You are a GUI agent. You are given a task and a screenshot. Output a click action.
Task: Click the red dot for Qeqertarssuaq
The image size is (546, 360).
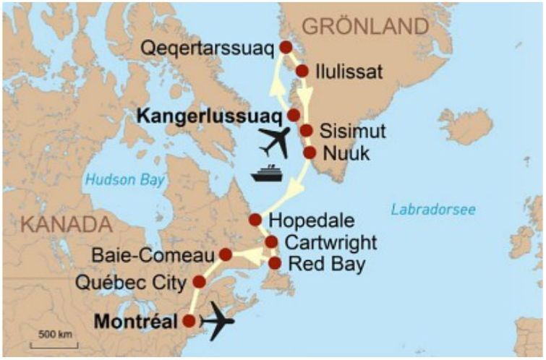[x=285, y=47]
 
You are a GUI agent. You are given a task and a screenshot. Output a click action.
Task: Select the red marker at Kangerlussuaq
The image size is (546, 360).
[x=294, y=115]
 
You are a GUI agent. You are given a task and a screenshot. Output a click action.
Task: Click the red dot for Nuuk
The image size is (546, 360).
[x=310, y=153]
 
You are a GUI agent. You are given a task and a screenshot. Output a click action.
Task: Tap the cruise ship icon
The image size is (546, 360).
[x=265, y=173]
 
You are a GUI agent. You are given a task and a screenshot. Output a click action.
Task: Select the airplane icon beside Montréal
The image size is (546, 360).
[x=221, y=323]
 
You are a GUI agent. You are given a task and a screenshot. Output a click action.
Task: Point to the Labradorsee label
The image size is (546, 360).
[x=433, y=210]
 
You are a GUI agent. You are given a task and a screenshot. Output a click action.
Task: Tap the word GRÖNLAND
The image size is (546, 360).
[x=364, y=27]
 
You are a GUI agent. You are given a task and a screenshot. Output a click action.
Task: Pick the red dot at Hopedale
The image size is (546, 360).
[x=255, y=219]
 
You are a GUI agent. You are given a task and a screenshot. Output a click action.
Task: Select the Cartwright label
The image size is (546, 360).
[x=323, y=241]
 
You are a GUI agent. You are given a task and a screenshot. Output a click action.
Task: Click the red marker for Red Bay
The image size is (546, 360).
[x=275, y=262]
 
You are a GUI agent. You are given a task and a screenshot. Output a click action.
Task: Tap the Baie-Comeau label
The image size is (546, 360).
[x=153, y=254]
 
